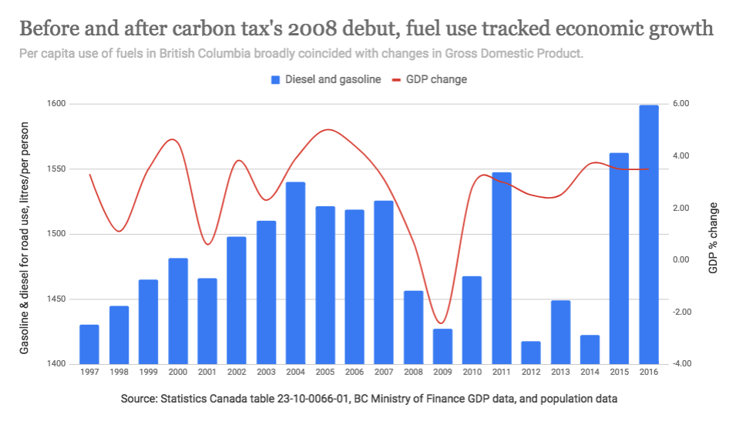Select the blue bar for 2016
coord(649,235)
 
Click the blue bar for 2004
coord(296,273)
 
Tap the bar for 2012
coord(531,353)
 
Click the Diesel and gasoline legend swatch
coord(275,79)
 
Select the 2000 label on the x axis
coord(178,373)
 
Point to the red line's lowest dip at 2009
coord(441,323)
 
